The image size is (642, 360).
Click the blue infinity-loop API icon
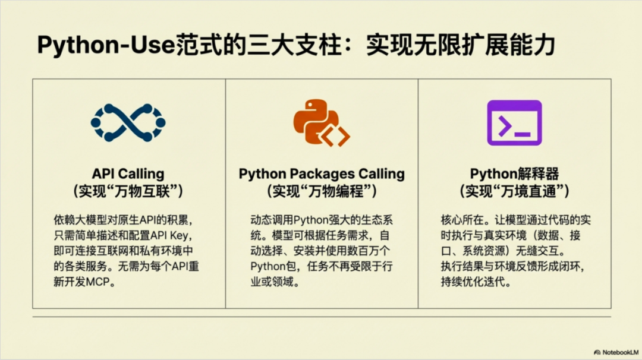click(x=128, y=123)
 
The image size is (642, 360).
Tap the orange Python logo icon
click(x=321, y=124)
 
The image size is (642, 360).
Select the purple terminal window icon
click(x=514, y=123)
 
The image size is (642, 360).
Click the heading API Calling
click(x=128, y=174)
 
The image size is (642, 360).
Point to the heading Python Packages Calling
click(x=322, y=174)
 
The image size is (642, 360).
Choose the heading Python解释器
click(x=514, y=174)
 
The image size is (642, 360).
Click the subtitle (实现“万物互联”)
click(x=128, y=191)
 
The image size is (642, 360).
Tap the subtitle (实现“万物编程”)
click(x=322, y=191)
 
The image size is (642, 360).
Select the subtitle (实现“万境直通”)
click(x=514, y=191)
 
